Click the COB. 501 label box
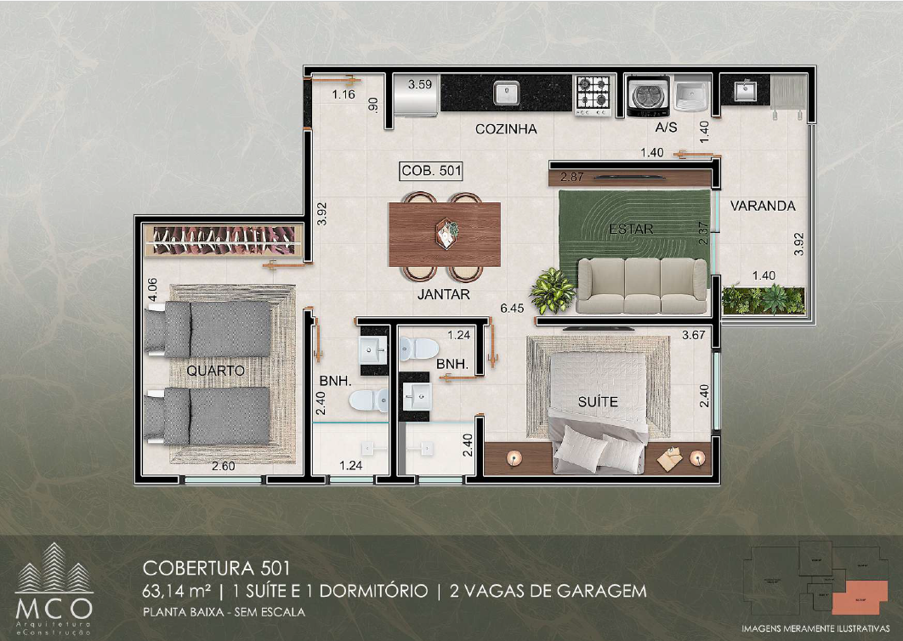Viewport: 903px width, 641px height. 431,171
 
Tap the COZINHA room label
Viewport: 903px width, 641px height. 506,129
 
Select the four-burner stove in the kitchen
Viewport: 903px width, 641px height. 593,94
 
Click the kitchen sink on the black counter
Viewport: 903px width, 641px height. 507,91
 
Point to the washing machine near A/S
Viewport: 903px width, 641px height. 646,95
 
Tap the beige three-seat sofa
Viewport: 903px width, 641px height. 642,286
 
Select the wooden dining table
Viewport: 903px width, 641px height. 444,235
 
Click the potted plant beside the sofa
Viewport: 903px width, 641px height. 553,292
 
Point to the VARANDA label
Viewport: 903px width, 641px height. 763,206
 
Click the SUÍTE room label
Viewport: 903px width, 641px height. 599,401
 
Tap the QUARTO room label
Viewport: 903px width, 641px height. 216,371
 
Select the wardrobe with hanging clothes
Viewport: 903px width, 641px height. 224,241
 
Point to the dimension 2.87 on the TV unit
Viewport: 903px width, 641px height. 572,177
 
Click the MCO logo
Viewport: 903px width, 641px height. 54,586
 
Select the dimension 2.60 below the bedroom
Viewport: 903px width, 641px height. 223,466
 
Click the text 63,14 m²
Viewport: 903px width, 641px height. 178,591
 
